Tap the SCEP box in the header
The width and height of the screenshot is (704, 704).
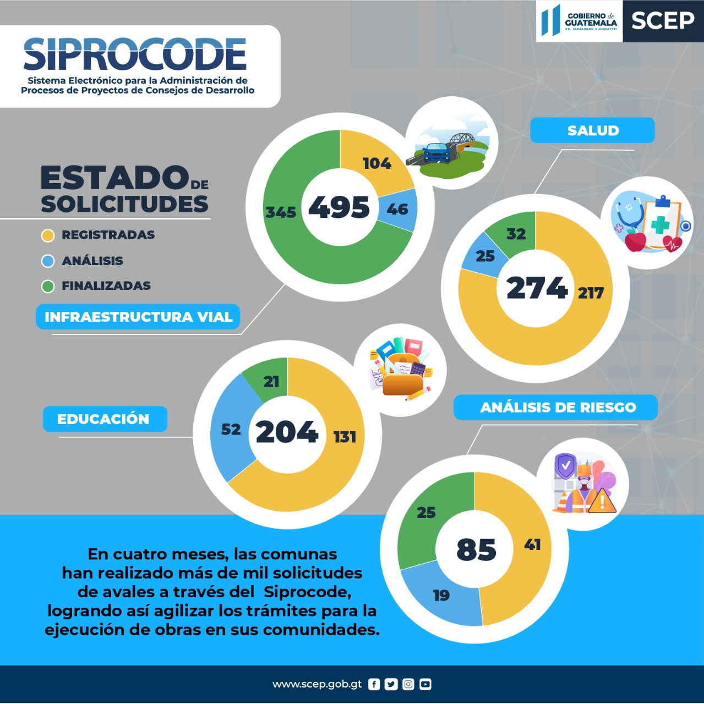(x=663, y=21)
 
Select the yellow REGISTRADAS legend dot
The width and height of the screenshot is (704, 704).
(x=48, y=235)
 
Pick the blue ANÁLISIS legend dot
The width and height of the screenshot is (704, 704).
(x=48, y=261)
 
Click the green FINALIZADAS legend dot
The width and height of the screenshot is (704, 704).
(x=48, y=286)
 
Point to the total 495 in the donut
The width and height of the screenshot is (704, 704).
(x=339, y=207)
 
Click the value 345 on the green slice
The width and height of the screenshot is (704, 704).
(x=281, y=212)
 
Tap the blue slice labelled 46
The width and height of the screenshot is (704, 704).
(x=397, y=209)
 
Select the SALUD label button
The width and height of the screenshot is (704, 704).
(x=593, y=130)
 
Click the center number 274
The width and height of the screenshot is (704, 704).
(x=537, y=288)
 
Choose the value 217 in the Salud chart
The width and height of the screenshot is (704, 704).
(x=591, y=293)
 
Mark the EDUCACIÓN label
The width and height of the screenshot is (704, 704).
(x=104, y=419)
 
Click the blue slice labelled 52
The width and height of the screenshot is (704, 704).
(x=231, y=429)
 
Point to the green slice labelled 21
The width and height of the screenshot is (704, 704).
(x=271, y=381)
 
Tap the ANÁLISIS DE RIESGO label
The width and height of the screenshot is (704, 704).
(x=558, y=408)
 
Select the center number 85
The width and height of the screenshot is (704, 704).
(x=477, y=549)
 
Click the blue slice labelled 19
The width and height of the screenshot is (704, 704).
(x=441, y=595)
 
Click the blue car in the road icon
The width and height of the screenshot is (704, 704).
(x=437, y=152)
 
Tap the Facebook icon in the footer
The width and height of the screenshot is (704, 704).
(x=374, y=684)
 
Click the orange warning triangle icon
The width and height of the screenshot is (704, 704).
(x=602, y=502)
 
